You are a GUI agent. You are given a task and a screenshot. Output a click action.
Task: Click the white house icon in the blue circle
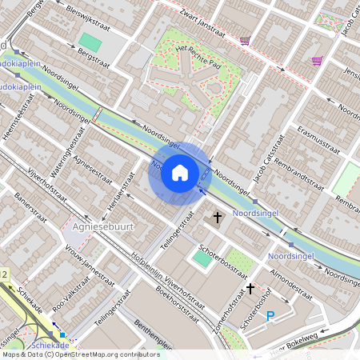(x=180, y=173)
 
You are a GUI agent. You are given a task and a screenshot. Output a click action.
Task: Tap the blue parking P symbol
(x=270, y=317)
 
